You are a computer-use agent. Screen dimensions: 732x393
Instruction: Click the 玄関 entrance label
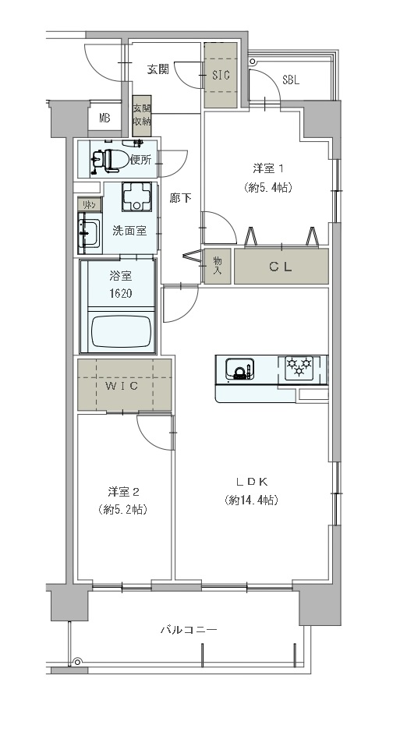tap(158, 69)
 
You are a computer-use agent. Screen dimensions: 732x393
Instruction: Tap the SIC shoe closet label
tap(221, 76)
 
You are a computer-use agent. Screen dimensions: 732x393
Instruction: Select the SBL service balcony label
tap(291, 80)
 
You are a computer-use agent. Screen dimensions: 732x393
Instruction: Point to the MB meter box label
tap(104, 118)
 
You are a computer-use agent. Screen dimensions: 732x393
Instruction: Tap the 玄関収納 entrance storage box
tap(141, 114)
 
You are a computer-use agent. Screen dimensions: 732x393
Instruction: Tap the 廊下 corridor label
tap(180, 198)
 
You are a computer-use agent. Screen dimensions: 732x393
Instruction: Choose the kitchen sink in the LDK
tap(238, 368)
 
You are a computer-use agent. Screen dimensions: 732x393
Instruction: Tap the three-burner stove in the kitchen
tap(299, 366)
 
